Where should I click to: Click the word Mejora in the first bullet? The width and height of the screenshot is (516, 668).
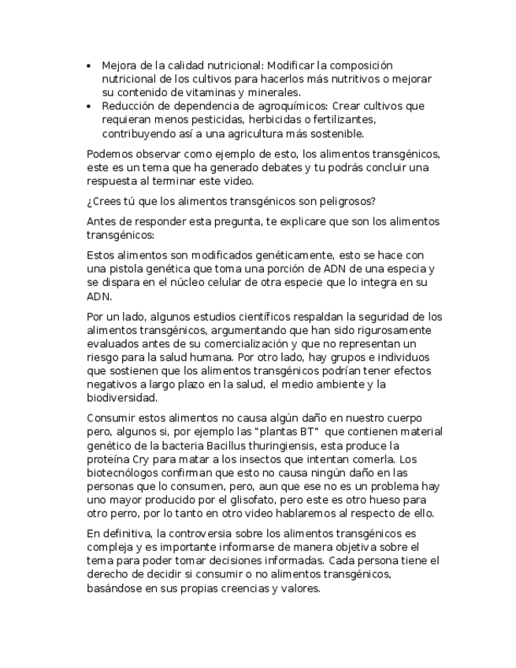[x=118, y=65]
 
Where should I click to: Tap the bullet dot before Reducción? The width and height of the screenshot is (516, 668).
[x=88, y=106]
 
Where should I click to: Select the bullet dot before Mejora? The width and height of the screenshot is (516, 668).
[x=88, y=65]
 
